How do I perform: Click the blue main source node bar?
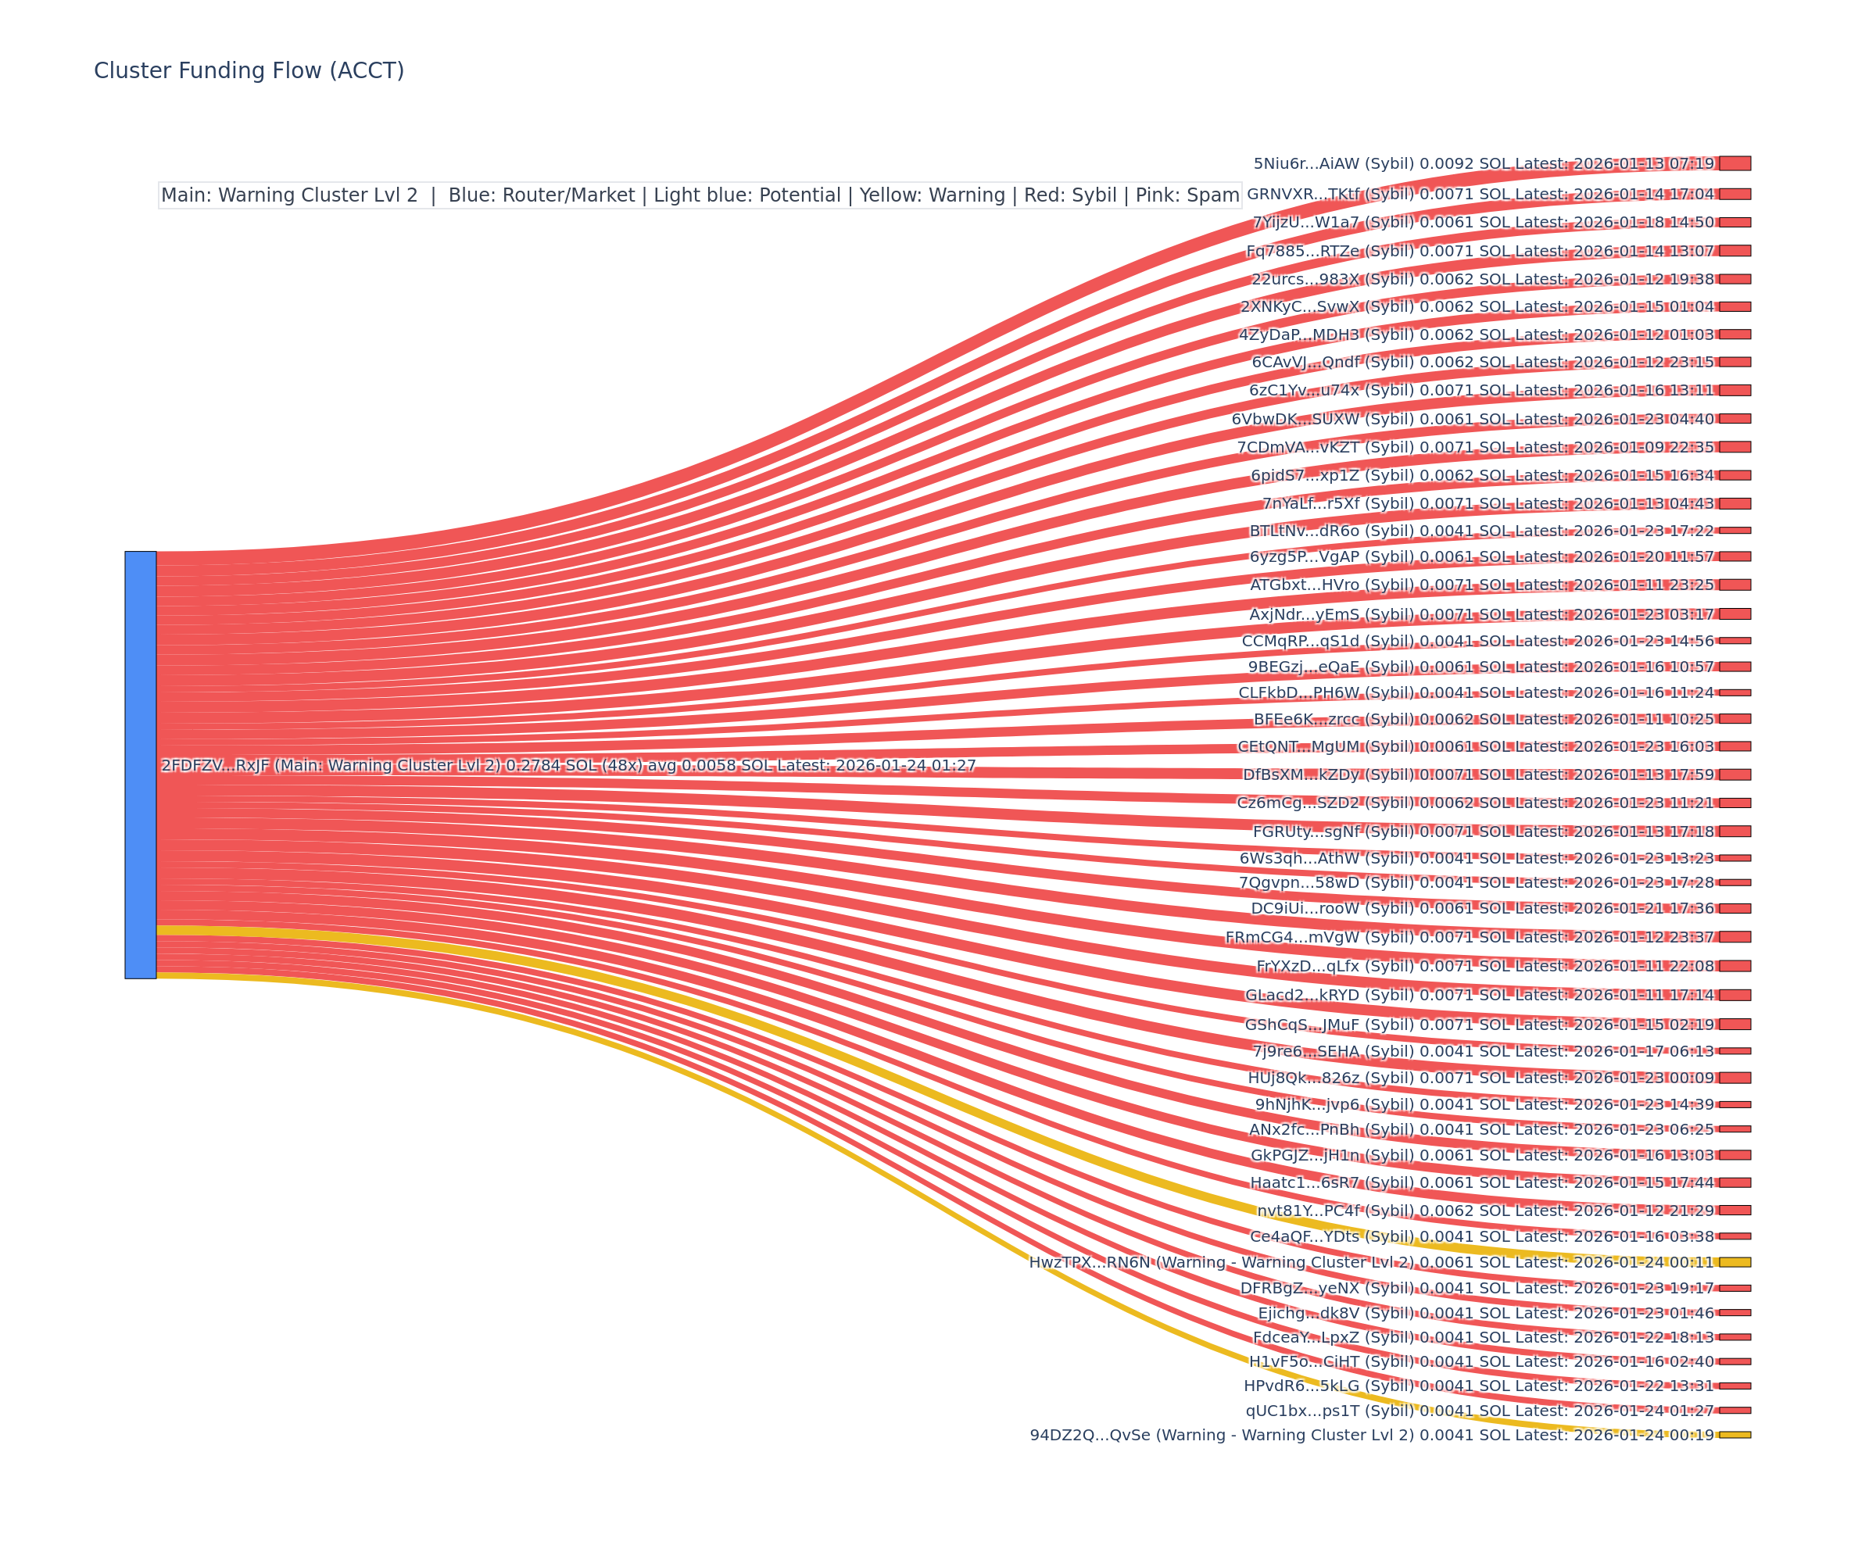point(140,764)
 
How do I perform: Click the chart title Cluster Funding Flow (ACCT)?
point(249,70)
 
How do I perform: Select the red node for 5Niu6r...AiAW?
point(1734,163)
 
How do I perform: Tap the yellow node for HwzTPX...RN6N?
point(1734,1262)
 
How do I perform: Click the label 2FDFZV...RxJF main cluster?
point(568,765)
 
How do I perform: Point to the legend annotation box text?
point(700,195)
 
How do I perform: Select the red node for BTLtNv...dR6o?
point(1734,531)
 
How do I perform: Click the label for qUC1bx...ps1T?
point(1480,1411)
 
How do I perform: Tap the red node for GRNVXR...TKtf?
point(1734,194)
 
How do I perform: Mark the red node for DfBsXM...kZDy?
point(1734,774)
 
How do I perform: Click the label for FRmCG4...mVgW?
point(1470,937)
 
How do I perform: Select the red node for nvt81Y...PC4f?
point(1734,1211)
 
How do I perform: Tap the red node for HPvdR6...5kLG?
point(1734,1386)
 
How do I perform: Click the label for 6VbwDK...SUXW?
point(1472,419)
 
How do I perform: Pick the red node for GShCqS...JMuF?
point(1734,1025)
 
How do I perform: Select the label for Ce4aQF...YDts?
point(1481,1236)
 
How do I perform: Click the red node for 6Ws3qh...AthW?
point(1734,857)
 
